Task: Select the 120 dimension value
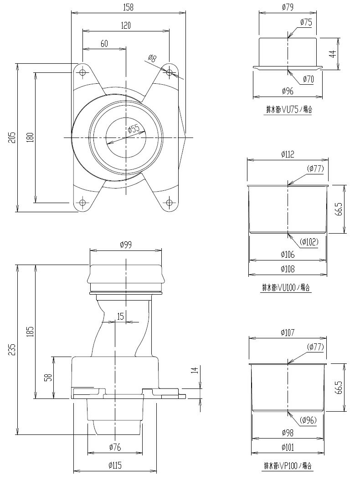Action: tap(126, 26)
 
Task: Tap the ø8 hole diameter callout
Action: tap(152, 58)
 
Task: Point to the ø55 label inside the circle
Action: tap(134, 129)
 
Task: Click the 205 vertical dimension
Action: tap(13, 137)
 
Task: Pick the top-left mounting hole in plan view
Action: tap(82, 72)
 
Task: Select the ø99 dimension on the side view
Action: tap(125, 245)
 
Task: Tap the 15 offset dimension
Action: tap(120, 317)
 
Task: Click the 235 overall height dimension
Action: tap(13, 350)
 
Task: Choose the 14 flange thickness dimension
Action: tap(195, 371)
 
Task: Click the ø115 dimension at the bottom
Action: tap(115, 465)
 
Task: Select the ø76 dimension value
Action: tap(115, 447)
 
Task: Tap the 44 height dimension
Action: tap(333, 53)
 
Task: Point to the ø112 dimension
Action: tap(288, 154)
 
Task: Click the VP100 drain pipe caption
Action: tap(288, 466)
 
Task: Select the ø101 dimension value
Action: tap(288, 447)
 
